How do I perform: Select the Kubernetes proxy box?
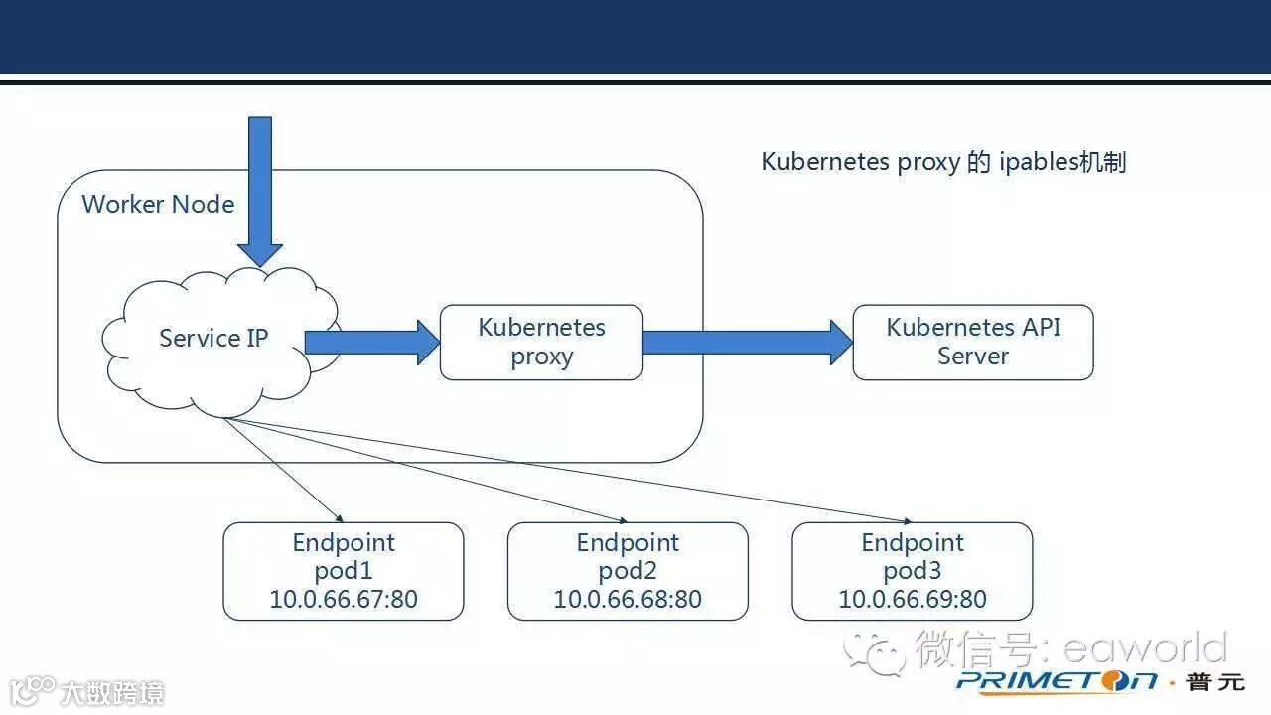point(541,343)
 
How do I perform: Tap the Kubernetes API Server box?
point(972,343)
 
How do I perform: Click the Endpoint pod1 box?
point(343,572)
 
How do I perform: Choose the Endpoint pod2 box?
point(627,572)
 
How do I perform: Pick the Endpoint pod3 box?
point(912,572)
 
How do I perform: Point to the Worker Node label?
point(158,204)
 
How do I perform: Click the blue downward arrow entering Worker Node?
point(260,189)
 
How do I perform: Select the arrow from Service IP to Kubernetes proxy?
point(371,343)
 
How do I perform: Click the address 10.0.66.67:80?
point(343,600)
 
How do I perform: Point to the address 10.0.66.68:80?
point(627,600)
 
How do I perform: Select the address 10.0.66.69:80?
point(912,600)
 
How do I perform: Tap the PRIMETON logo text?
point(1057,681)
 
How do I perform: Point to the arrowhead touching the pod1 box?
point(338,518)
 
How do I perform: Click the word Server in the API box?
point(972,356)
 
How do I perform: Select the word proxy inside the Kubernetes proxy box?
point(541,357)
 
